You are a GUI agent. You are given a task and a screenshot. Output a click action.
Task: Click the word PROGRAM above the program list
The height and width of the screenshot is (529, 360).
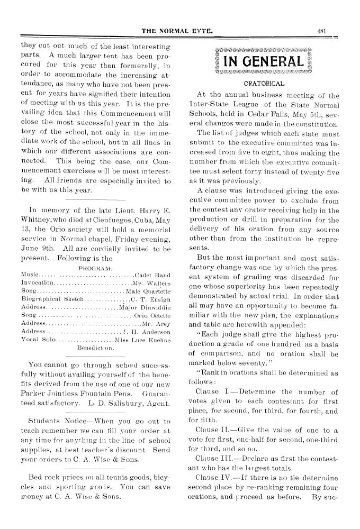(95, 268)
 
